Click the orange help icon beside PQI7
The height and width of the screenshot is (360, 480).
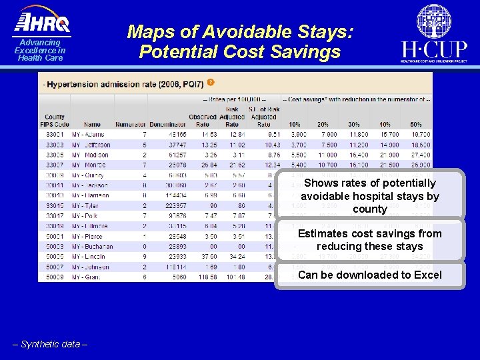[x=211, y=83]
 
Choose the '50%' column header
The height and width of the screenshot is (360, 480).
[x=415, y=124]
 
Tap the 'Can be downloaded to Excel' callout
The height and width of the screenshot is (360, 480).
[x=370, y=275]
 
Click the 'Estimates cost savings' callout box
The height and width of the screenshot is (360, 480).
[x=370, y=240]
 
